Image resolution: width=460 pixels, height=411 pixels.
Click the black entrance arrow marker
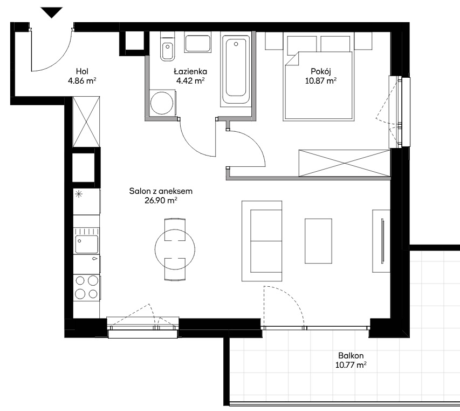pyautogui.click(x=52, y=12)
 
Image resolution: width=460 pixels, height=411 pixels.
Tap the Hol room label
pyautogui.click(x=82, y=71)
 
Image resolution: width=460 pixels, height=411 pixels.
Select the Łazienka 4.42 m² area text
pyautogui.click(x=190, y=80)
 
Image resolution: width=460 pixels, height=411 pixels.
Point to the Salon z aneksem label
pyautogui.click(x=161, y=191)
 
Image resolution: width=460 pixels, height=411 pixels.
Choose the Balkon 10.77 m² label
pyautogui.click(x=351, y=360)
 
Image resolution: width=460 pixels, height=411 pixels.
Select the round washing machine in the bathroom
pyautogui.click(x=162, y=103)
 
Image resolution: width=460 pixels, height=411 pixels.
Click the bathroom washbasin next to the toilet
pyautogui.click(x=198, y=44)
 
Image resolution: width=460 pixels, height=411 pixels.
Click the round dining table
pyautogui.click(x=175, y=250)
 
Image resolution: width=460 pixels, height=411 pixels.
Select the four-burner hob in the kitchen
pyautogui.click(x=86, y=287)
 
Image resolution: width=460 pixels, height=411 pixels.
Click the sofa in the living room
pyautogui.click(x=262, y=241)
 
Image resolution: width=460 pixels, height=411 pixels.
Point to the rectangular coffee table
pyautogui.click(x=318, y=241)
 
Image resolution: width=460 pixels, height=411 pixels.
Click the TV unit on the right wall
pyautogui.click(x=381, y=241)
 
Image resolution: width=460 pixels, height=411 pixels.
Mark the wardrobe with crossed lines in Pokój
pyautogui.click(x=345, y=163)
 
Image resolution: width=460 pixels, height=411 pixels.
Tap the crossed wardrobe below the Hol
pyautogui.click(x=86, y=122)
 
